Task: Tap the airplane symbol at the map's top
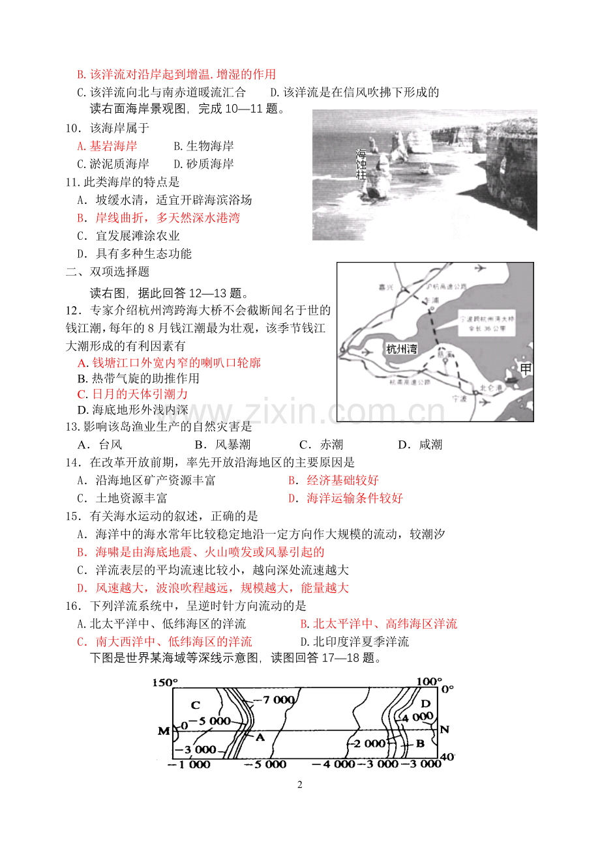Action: coord(481,268)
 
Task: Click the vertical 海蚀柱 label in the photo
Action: coord(361,165)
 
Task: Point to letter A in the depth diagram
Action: coord(259,737)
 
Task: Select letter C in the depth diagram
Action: coord(195,705)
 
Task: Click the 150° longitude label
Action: coord(165,682)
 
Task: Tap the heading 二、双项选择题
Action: coord(108,272)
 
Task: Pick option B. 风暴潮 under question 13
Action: coord(222,444)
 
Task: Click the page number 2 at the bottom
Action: coord(300,785)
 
